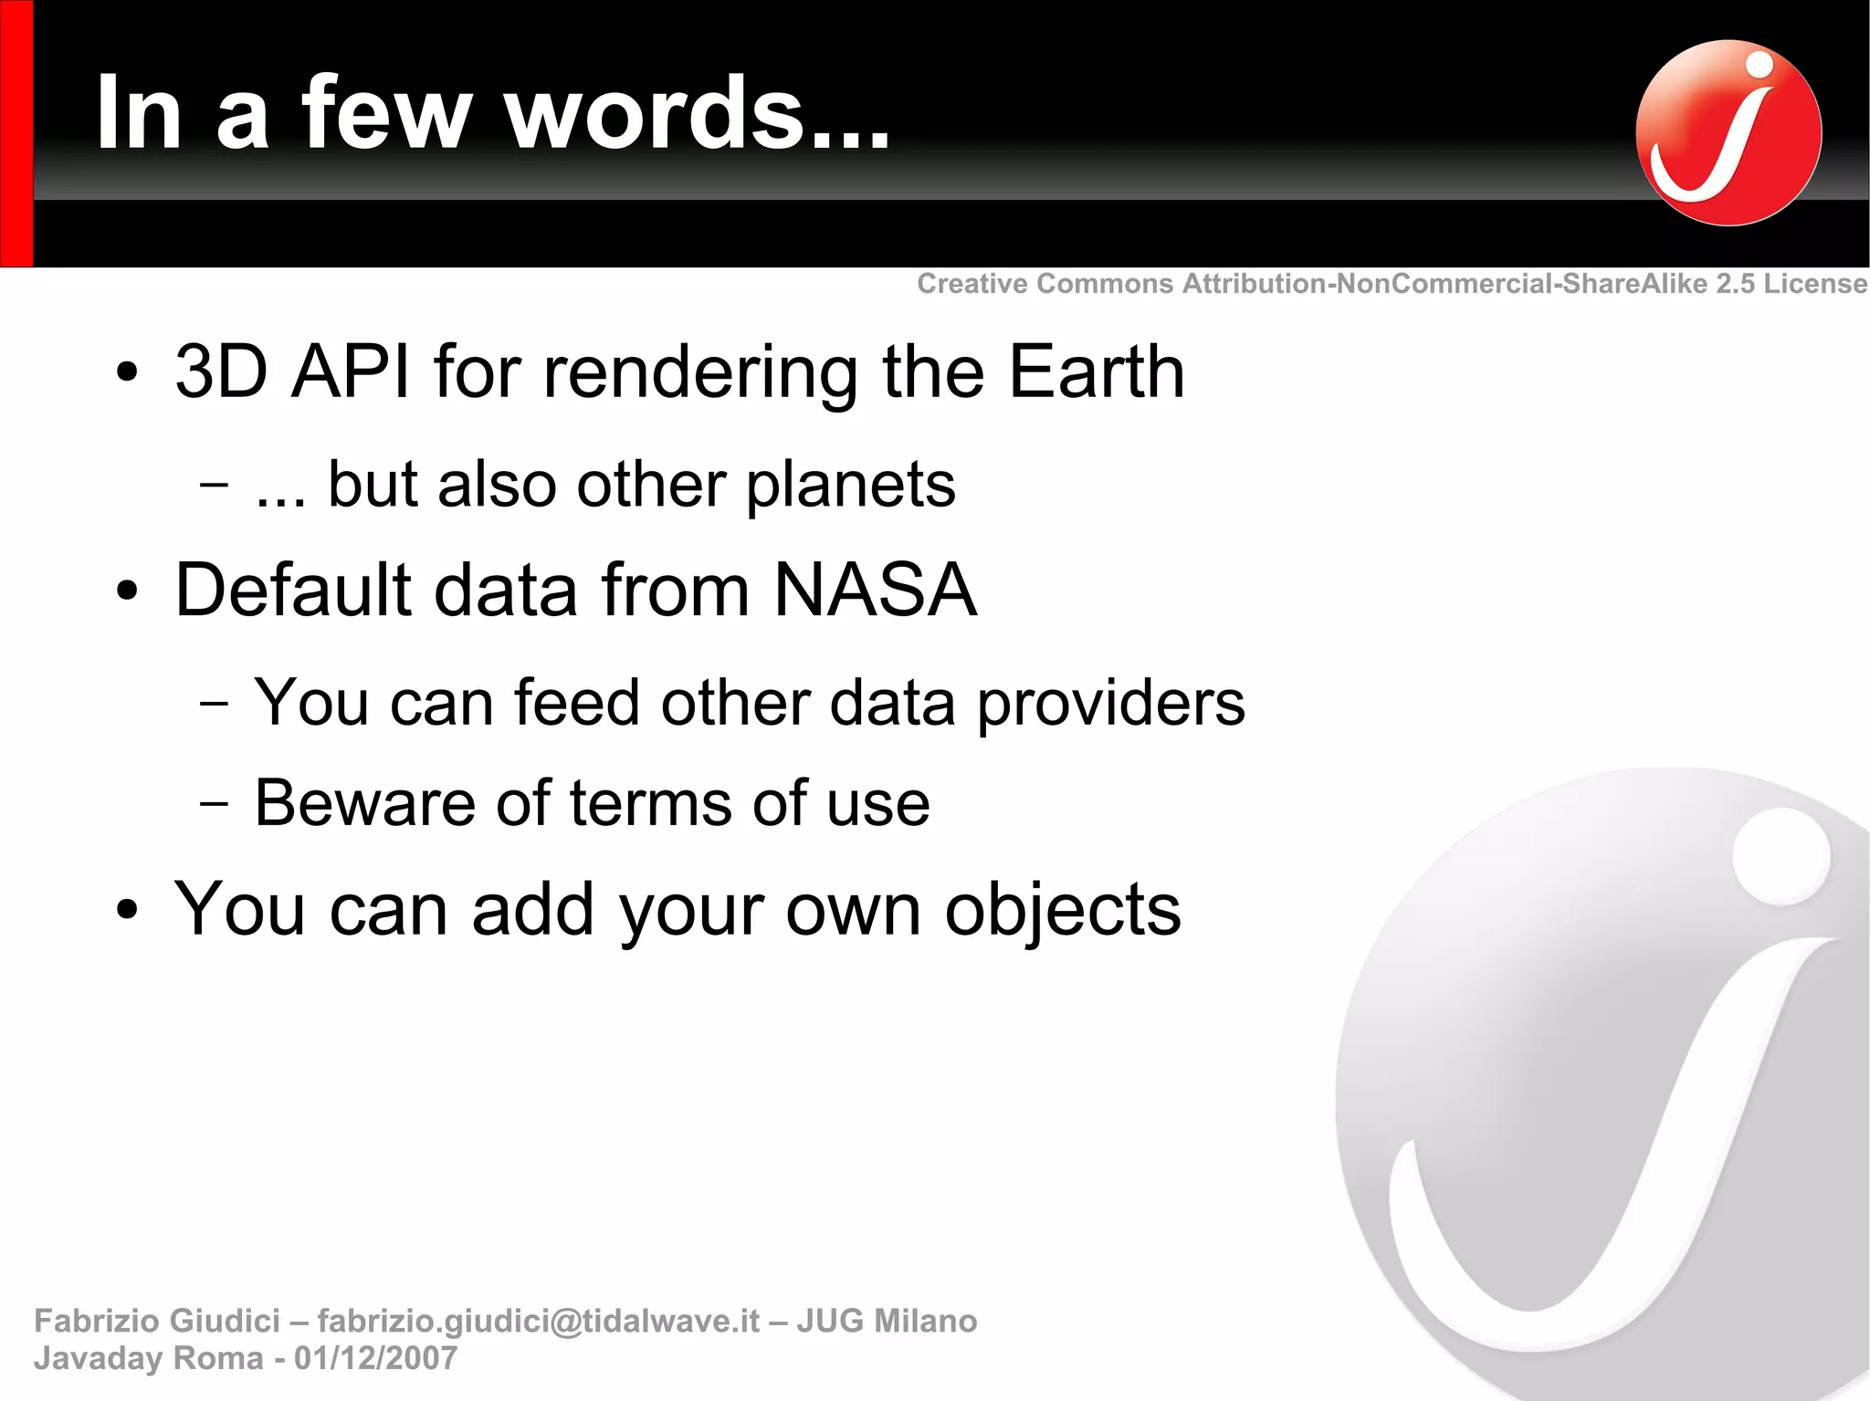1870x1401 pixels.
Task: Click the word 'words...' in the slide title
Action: pos(698,113)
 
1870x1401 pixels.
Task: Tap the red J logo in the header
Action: pos(1728,132)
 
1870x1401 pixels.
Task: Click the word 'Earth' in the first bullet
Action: pos(1096,371)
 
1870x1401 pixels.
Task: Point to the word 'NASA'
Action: pos(875,590)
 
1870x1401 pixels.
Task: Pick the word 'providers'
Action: pos(1110,704)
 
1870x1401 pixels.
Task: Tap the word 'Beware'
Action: pos(364,803)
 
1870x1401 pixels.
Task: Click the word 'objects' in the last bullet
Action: pos(1062,910)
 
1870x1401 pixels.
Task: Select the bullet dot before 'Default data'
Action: pos(127,591)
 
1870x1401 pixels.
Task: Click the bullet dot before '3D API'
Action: pos(127,373)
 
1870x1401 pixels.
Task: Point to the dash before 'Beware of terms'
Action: pos(214,804)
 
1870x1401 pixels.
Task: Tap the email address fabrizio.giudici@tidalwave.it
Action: pos(538,1321)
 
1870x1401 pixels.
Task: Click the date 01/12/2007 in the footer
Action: pos(375,1358)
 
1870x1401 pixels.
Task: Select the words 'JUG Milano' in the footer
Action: pos(887,1321)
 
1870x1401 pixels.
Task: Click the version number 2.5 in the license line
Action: pos(1735,284)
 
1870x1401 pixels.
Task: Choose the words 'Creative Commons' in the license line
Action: pos(1045,284)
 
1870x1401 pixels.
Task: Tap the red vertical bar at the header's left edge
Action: pos(16,133)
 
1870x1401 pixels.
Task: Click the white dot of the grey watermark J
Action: pos(1781,857)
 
